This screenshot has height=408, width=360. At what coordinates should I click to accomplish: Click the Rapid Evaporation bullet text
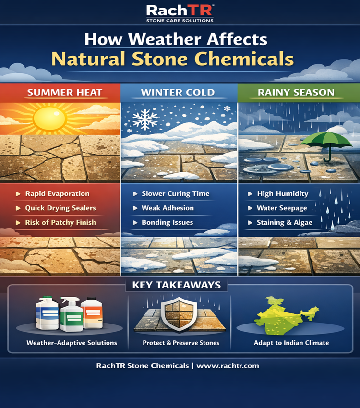coord(57,193)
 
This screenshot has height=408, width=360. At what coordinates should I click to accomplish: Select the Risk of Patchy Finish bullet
coord(60,222)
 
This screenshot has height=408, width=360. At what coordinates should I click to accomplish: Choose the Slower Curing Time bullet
coord(175,193)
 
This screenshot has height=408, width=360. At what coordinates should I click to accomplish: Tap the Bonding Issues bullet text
coord(167,222)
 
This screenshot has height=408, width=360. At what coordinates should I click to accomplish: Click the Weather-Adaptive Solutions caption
coord(72,343)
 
